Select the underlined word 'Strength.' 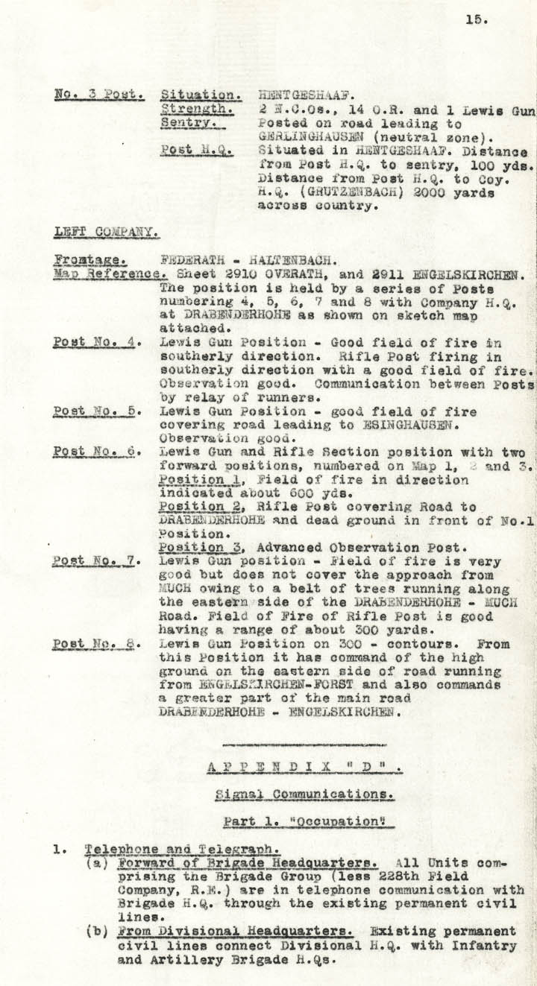(x=195, y=110)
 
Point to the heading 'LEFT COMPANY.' (x=106, y=233)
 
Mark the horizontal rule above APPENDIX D (x=304, y=744)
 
